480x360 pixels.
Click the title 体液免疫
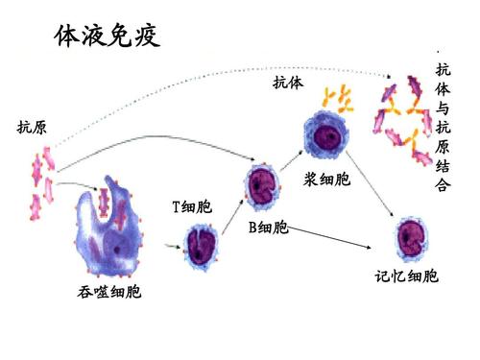tap(107, 38)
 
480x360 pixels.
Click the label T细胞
tap(192, 206)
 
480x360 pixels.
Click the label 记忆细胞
tap(407, 277)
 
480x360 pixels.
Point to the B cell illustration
tap(261, 182)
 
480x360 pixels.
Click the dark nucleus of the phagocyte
tap(117, 251)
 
